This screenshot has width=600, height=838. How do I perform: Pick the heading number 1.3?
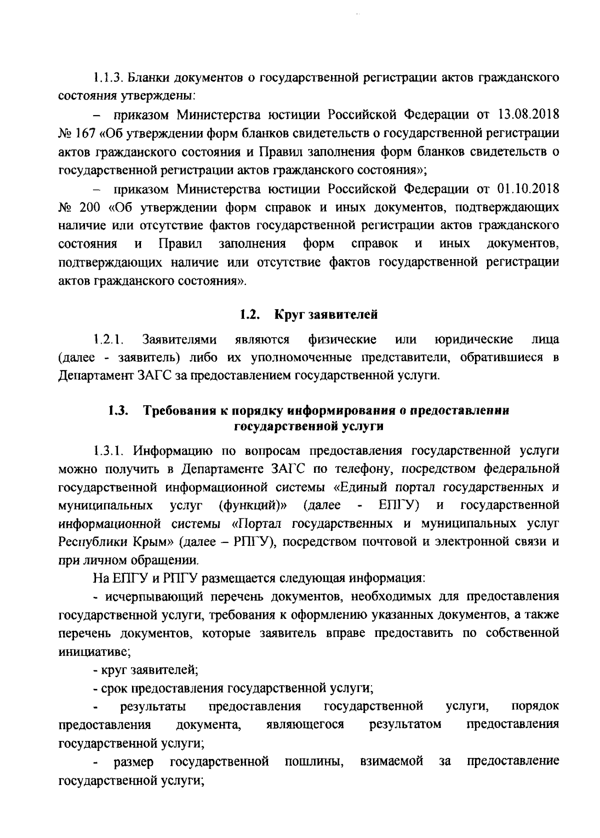pyautogui.click(x=118, y=412)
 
